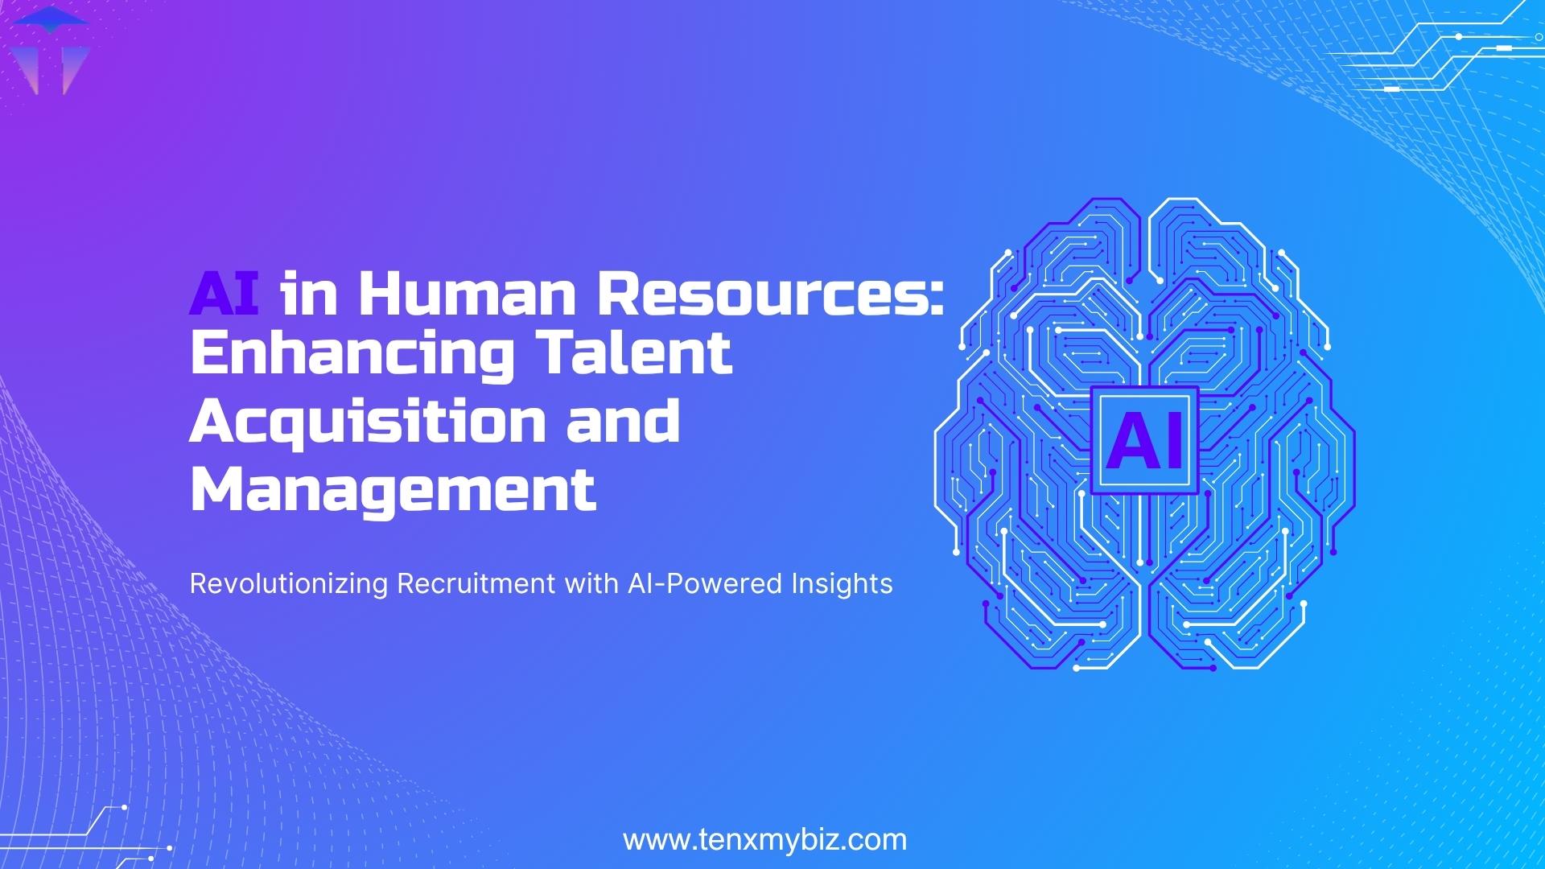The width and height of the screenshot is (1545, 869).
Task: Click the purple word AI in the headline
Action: click(224, 295)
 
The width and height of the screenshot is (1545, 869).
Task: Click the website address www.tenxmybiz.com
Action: click(764, 840)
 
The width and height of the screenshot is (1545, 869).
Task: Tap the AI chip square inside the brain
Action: click(1144, 439)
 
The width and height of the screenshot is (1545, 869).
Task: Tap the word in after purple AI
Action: click(307, 295)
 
